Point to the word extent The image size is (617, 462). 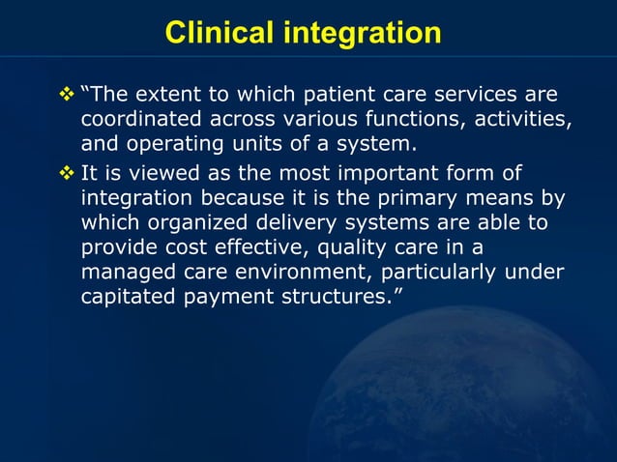click(172, 97)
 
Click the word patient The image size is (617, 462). click(341, 97)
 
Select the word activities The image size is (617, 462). click(516, 122)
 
